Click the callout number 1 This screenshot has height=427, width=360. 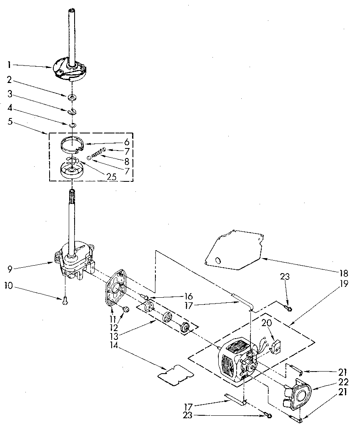coord(9,64)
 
